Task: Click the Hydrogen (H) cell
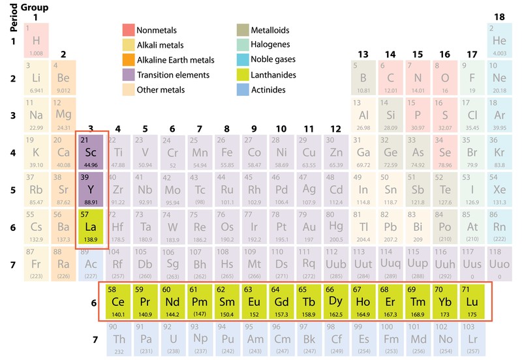[x=36, y=41]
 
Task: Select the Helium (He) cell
[x=499, y=41]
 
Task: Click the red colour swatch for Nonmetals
[x=128, y=30]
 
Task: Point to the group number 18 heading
[x=499, y=16]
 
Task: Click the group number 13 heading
[x=363, y=54]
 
